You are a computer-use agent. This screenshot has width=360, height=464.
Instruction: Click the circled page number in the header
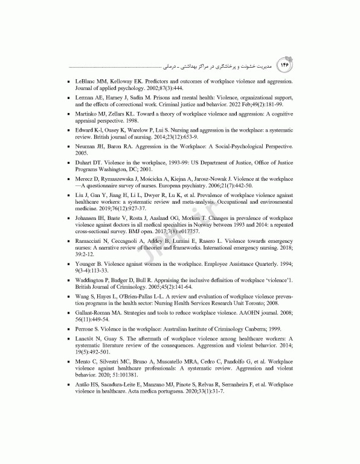point(283,63)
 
